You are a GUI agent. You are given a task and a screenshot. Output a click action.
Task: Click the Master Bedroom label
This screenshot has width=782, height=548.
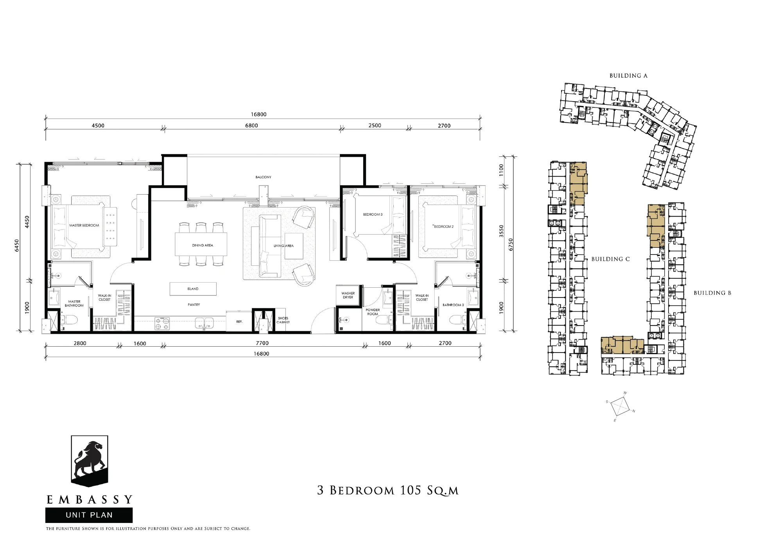[84, 226]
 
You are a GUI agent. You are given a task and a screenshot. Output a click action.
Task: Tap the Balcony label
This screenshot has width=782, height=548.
[263, 177]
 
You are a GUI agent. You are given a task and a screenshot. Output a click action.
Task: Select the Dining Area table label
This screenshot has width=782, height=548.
[203, 245]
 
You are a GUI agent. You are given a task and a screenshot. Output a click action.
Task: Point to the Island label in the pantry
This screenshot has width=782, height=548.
[193, 289]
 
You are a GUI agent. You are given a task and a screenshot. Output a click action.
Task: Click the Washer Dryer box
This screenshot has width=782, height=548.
[348, 295]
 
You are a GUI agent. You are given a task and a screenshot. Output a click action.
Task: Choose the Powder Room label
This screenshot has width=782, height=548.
[373, 312]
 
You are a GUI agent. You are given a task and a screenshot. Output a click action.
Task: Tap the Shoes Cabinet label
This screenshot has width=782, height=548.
[283, 320]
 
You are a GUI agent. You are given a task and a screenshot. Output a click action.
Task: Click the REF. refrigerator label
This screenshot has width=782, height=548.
[239, 322]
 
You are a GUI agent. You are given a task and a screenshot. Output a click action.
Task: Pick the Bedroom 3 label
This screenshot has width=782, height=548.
[373, 215]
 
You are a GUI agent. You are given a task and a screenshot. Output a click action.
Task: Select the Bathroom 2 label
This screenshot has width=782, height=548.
[453, 305]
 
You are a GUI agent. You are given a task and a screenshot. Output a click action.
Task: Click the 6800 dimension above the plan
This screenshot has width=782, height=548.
[251, 125]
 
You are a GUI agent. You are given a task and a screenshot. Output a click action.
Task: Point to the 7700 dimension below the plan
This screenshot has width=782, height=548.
[262, 343]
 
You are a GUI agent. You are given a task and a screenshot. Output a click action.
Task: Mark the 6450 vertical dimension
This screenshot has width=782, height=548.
[17, 246]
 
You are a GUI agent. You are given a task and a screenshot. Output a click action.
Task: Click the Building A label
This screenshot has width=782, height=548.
[628, 76]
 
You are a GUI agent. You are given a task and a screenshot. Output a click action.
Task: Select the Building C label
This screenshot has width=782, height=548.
[610, 259]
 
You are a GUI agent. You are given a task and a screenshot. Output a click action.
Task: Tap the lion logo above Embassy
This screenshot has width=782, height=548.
[89, 461]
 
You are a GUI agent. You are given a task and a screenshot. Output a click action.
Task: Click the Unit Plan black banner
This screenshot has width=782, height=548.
[89, 515]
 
